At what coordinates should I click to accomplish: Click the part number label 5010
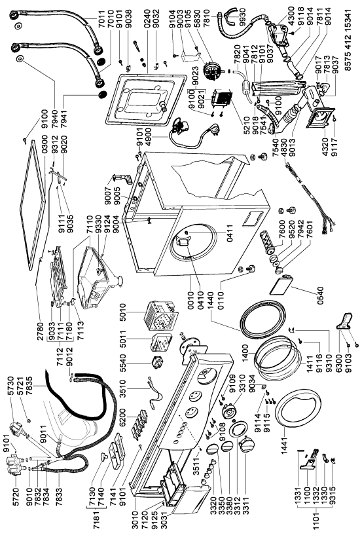pyautogui.click(x=122, y=312)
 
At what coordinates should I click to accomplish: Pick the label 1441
pyautogui.click(x=285, y=446)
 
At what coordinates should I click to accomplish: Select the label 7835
pyautogui.click(x=29, y=385)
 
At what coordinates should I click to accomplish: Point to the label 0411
pyautogui.click(x=230, y=233)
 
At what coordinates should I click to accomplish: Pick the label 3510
pyautogui.click(x=122, y=388)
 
